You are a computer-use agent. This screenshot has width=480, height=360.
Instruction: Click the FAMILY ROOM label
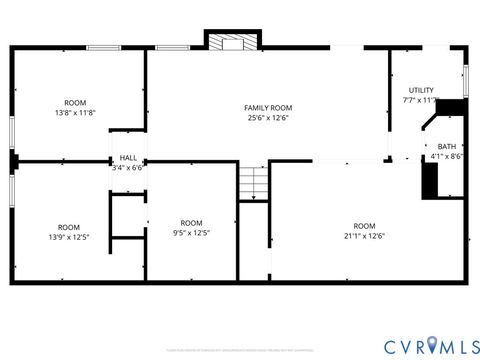pos(268,107)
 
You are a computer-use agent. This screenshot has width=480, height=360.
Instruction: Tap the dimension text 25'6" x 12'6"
pos(268,118)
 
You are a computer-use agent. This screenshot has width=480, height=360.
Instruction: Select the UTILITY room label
pos(421,90)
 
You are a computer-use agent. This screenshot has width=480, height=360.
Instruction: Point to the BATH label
pos(446,146)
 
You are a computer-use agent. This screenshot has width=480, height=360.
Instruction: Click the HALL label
pos(128,158)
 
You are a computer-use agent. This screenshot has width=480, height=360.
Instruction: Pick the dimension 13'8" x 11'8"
pos(75,113)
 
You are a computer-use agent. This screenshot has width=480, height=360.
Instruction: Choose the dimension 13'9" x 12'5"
pos(68,237)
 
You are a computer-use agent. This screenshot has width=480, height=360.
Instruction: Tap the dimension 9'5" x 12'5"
pos(190,233)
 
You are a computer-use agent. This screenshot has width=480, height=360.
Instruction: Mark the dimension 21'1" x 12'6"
pos(364,236)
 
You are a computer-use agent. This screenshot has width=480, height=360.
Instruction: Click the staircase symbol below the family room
pos(254,184)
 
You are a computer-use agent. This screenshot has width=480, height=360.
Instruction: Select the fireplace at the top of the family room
pos(232,41)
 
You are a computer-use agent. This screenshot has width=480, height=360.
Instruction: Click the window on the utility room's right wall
pos(466,80)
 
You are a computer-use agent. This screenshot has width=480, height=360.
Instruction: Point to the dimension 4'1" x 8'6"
pos(446,156)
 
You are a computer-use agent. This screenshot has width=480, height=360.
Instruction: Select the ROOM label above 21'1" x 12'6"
pos(364,225)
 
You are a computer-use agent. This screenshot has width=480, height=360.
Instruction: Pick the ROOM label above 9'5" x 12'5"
pos(190,222)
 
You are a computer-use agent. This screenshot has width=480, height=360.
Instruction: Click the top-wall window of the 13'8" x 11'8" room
pos(103,47)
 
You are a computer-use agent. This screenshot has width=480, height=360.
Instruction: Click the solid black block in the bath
pos(431,180)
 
